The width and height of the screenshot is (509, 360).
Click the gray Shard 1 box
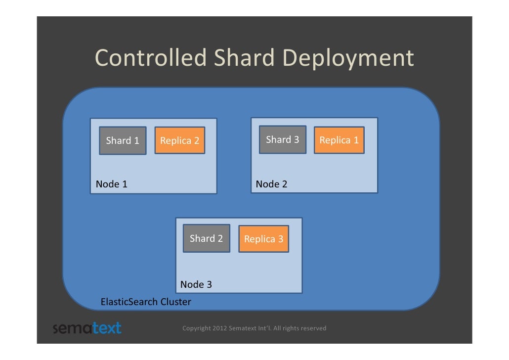pyautogui.click(x=123, y=141)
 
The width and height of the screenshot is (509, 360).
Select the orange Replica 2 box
pyautogui.click(x=180, y=141)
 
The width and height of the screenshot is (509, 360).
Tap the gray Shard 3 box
pyautogui.click(x=283, y=140)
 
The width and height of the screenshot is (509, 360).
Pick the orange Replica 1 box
pyautogui.click(x=339, y=140)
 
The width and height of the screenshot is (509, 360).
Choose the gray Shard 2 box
pyautogui.click(x=207, y=238)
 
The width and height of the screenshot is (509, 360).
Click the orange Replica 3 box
pyautogui.click(x=264, y=239)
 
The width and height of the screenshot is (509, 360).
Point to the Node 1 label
pyautogui.click(x=112, y=184)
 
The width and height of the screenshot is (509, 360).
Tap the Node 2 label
pyautogui.click(x=271, y=184)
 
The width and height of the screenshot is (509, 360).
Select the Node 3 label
pyautogui.click(x=196, y=284)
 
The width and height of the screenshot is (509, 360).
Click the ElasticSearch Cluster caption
pyautogui.click(x=146, y=302)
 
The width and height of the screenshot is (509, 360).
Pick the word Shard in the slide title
pyautogui.click(x=244, y=58)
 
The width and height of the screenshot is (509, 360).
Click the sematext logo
pyautogui.click(x=87, y=328)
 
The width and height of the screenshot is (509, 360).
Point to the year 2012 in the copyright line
pyautogui.click(x=220, y=328)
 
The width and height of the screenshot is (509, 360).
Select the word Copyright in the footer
pyautogui.click(x=196, y=328)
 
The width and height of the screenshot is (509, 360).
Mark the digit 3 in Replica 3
pyautogui.click(x=280, y=239)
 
